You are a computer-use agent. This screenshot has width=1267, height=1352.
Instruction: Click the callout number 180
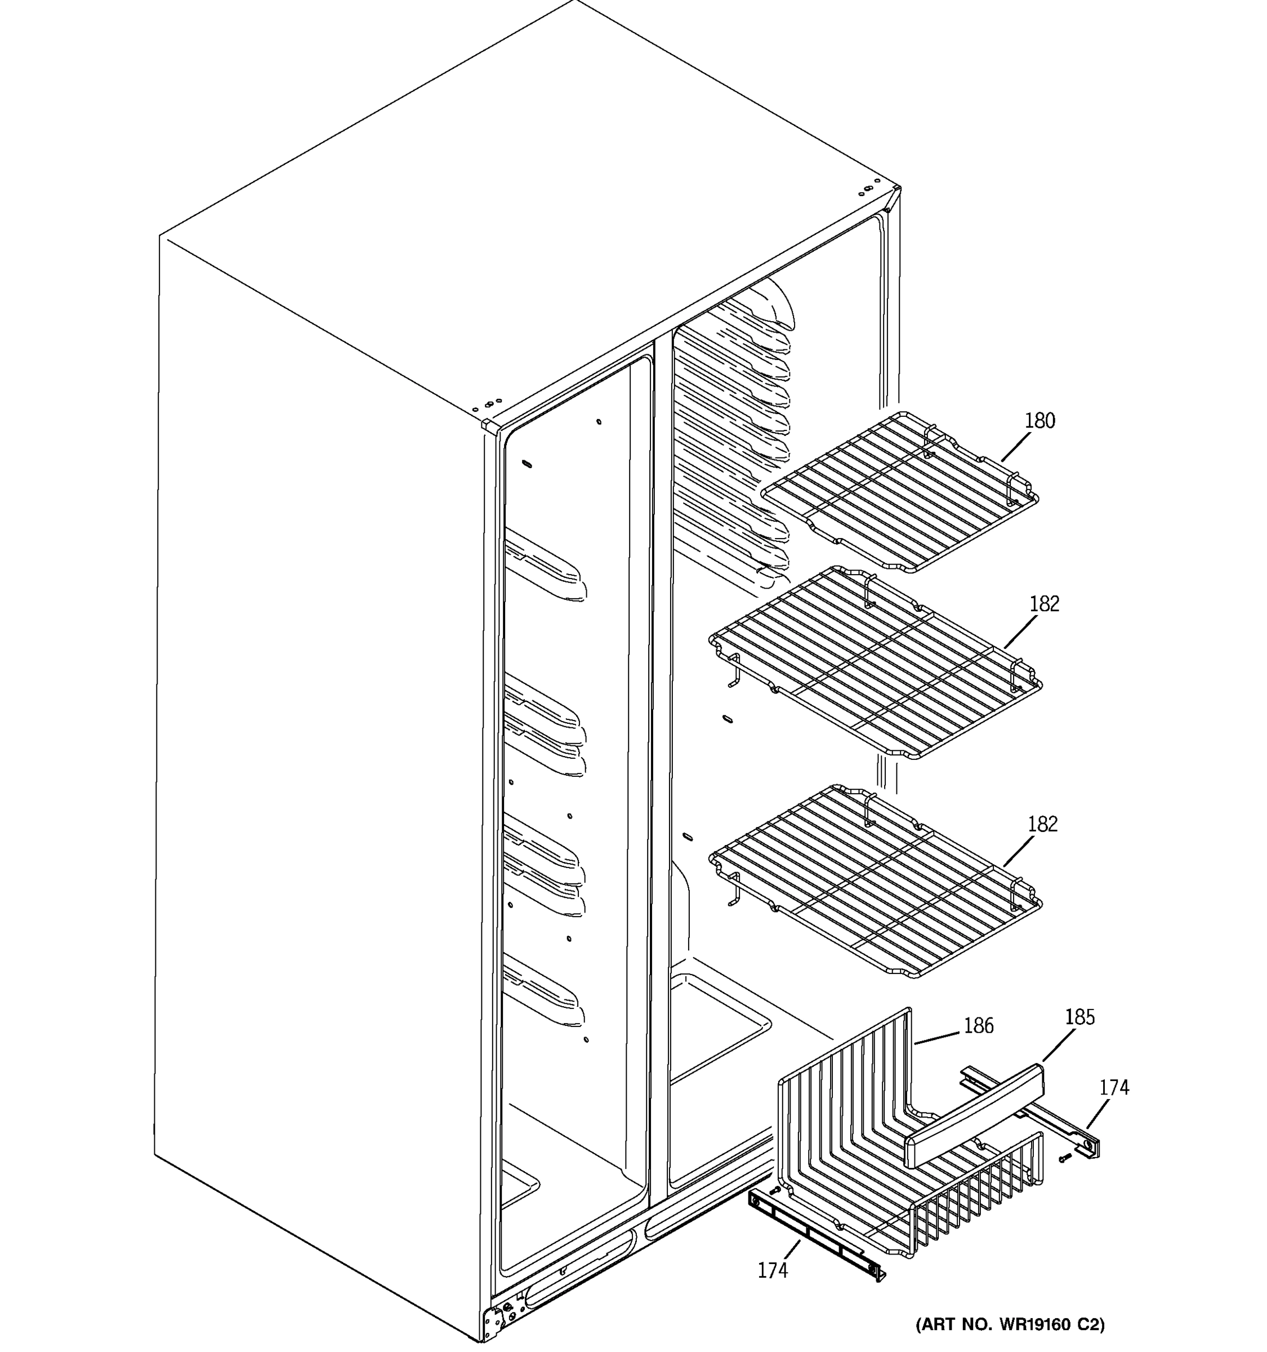[1040, 421]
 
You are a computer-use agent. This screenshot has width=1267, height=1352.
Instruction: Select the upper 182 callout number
[1044, 604]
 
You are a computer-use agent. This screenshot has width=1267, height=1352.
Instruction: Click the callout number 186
[979, 1025]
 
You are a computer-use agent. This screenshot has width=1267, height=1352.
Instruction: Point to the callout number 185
[1079, 1017]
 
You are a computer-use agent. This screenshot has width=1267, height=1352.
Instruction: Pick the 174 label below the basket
[773, 1270]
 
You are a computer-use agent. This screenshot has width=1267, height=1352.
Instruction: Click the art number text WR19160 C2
[1010, 1324]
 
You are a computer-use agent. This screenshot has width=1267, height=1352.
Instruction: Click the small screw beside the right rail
[1064, 1158]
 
